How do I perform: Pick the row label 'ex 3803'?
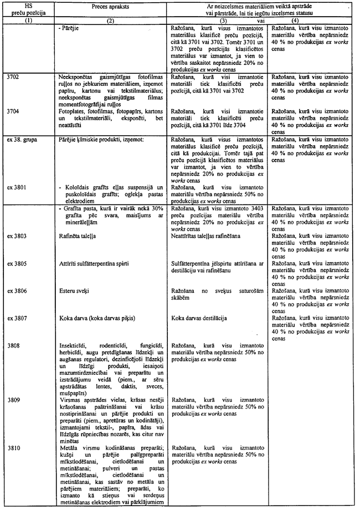click(18, 234)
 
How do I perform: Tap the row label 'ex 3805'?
click(18, 262)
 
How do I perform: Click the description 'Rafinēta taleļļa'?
click(78, 235)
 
